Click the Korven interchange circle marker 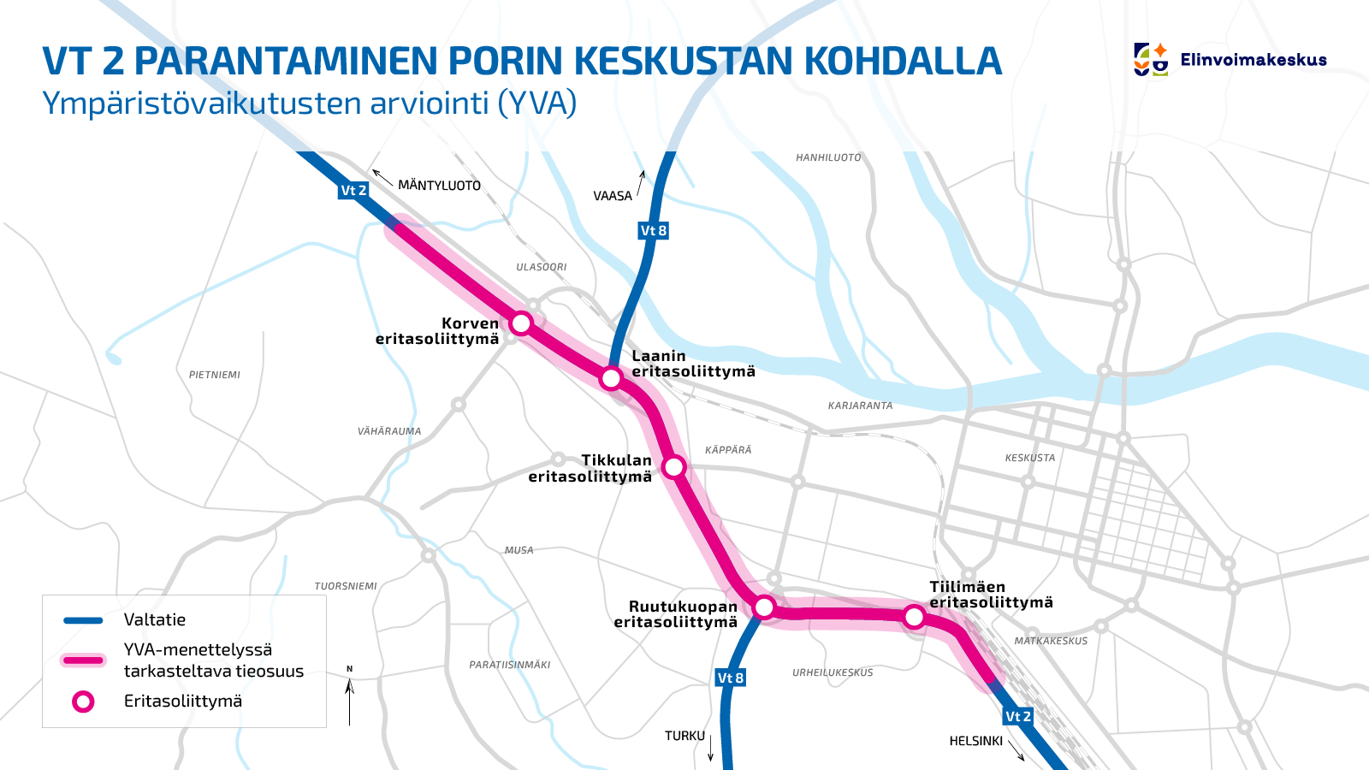coord(521,323)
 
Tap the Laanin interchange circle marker coord(611,378)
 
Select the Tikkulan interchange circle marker coord(674,467)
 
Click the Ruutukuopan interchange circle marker coord(764,607)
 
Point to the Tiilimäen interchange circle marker coord(914,617)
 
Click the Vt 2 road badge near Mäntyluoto coord(353,191)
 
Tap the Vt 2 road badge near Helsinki coord(1018,716)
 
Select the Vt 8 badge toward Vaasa coord(654,230)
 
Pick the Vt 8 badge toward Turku coord(731,678)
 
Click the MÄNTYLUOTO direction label coord(439,186)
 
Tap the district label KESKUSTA coord(1030,458)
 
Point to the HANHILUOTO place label coord(828,157)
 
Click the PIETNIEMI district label coord(215,375)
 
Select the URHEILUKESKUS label coord(833,672)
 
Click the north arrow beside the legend coord(349,697)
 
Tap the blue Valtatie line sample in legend coord(83,620)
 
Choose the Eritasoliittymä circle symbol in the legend coord(83,702)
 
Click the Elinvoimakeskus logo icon coord(1151,59)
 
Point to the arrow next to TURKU coord(711,748)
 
